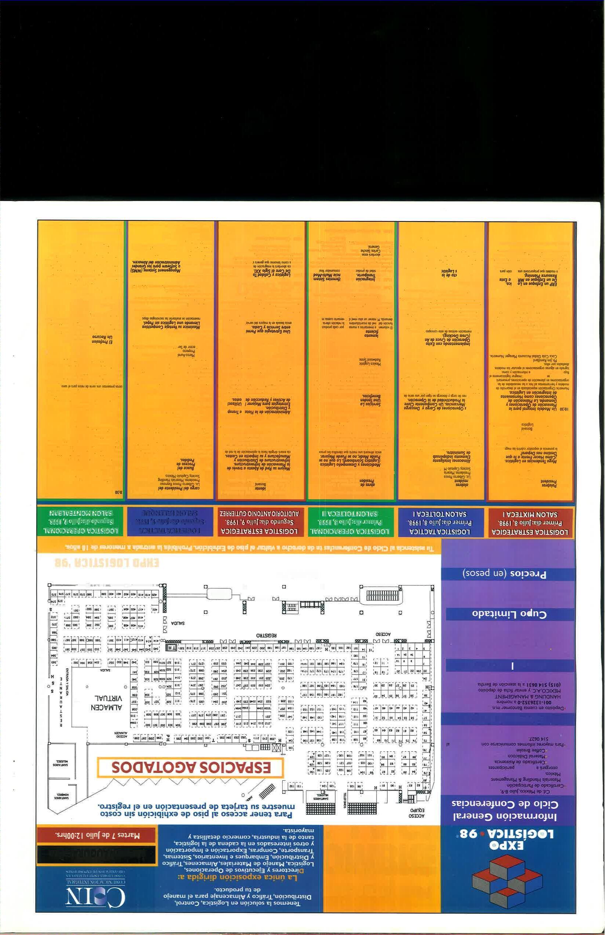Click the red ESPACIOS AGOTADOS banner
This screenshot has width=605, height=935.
click(191, 767)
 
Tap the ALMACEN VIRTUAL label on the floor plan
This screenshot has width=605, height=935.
click(108, 703)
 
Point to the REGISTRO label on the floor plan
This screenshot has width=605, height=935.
click(267, 635)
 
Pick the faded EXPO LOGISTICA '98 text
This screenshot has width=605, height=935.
click(106, 563)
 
